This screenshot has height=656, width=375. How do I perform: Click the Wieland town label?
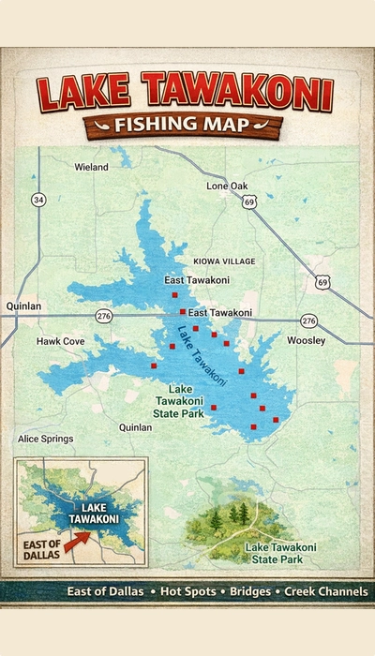pyautogui.click(x=91, y=168)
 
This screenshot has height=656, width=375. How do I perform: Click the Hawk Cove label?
pyautogui.click(x=60, y=341)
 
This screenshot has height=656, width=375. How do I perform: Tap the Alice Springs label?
pyautogui.click(x=45, y=439)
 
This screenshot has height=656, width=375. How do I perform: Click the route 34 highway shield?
pyautogui.click(x=38, y=200)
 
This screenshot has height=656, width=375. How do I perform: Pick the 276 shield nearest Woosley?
pyautogui.click(x=308, y=320)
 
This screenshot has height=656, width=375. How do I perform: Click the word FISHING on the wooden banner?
pyautogui.click(x=156, y=124)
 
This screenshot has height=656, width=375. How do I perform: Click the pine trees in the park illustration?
pyautogui.click(x=232, y=514)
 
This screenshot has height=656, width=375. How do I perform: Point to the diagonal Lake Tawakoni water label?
pyautogui.click(x=201, y=355)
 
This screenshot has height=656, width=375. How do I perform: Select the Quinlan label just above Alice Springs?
pyautogui.click(x=135, y=427)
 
